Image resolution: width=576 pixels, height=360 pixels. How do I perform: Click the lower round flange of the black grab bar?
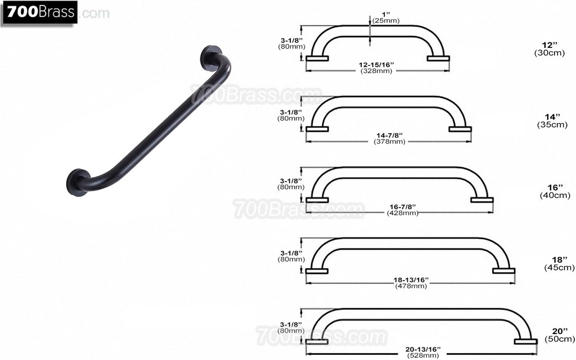pyautogui.click(x=76, y=181)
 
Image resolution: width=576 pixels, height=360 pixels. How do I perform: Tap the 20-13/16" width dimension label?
pyautogui.click(x=423, y=352)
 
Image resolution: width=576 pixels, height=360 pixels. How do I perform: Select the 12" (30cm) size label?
pyautogui.click(x=547, y=48)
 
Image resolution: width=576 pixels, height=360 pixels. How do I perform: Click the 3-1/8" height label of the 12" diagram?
pyautogui.click(x=290, y=43)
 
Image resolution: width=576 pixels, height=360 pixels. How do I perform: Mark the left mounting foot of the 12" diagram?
pyautogui.click(x=317, y=58)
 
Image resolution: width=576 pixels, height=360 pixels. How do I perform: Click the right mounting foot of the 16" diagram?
pyautogui.click(x=482, y=200)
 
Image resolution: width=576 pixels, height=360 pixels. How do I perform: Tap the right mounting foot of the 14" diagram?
pyautogui.click(x=460, y=129)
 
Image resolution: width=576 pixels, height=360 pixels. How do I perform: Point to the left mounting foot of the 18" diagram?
pyautogui.click(x=317, y=271)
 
